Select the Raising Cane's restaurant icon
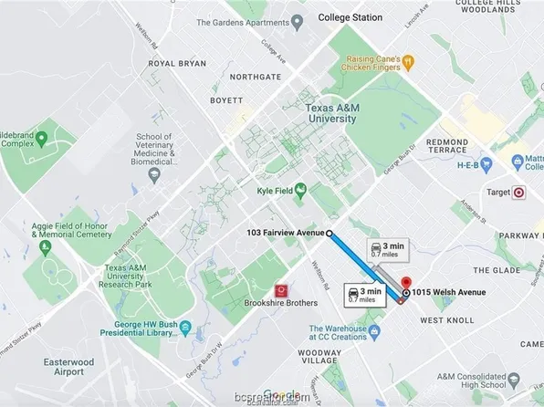(409, 62)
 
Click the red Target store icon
(519, 193)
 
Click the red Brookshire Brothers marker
(282, 289)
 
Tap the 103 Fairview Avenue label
(285, 233)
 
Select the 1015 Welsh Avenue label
(447, 292)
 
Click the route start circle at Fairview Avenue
(330, 233)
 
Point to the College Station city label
(350, 17)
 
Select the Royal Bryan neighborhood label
(173, 64)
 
